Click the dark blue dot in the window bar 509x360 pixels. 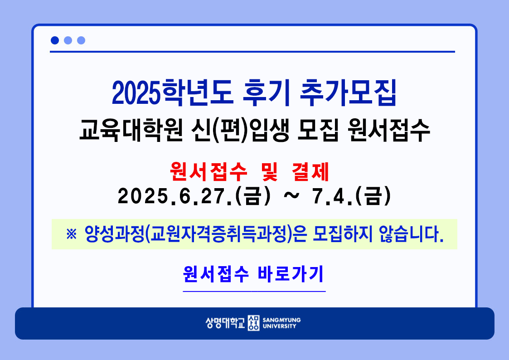[x=55, y=40]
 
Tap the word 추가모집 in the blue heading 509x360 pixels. [x=348, y=93]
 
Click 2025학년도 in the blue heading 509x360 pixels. [x=172, y=93]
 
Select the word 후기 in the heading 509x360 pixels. [x=266, y=93]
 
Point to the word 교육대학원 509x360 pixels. [x=131, y=131]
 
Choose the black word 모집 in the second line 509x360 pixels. [x=318, y=131]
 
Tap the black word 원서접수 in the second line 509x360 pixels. [x=388, y=131]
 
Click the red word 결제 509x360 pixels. [x=310, y=172]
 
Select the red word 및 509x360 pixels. [x=269, y=172]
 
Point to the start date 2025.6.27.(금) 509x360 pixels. [x=194, y=196]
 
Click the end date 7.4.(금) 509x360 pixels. [x=352, y=196]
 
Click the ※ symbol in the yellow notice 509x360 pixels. [x=72, y=234]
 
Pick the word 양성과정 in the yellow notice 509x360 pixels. [x=114, y=234]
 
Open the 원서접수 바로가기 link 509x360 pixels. [x=253, y=274]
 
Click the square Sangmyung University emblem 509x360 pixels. [x=253, y=323]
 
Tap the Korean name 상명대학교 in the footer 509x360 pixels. [x=225, y=323]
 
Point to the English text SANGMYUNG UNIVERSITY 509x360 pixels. [x=281, y=323]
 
